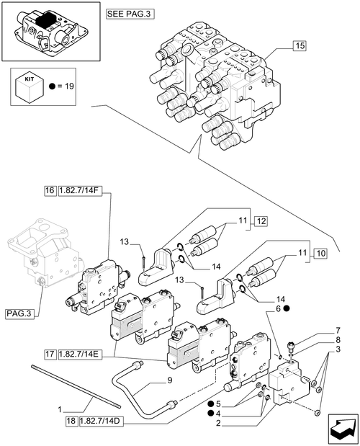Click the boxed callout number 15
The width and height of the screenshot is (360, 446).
click(300, 45)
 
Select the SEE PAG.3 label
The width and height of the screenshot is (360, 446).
click(130, 14)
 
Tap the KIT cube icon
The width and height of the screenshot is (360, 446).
click(30, 89)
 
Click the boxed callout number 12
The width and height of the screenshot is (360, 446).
click(261, 220)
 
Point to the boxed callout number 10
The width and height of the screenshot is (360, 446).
click(320, 253)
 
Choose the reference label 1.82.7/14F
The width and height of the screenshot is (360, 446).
click(80, 190)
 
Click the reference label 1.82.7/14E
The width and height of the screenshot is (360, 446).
click(80, 354)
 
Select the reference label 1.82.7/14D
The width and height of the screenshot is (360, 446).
click(102, 422)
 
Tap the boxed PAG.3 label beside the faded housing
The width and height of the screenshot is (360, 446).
click(19, 313)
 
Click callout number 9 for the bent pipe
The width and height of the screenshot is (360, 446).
click(170, 380)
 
